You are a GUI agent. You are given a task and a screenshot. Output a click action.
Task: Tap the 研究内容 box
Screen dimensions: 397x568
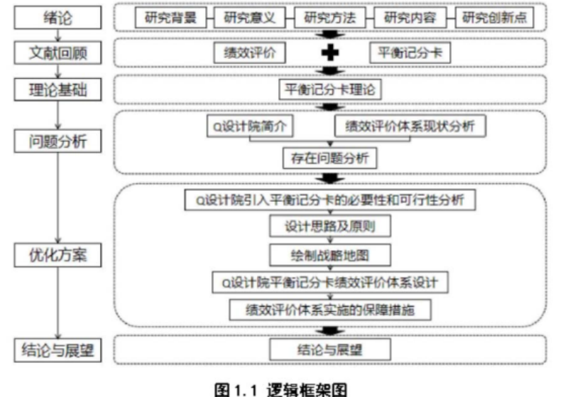coord(408,18)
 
